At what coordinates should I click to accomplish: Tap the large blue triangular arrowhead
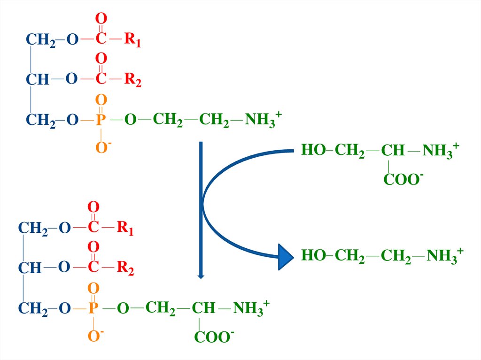[285, 257]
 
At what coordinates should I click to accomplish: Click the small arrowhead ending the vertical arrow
[201, 276]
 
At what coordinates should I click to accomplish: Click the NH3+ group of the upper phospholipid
[263, 120]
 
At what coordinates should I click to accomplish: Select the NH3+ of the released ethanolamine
[444, 256]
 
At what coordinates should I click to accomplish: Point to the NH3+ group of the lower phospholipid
[251, 308]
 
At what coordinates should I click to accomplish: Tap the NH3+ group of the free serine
[440, 151]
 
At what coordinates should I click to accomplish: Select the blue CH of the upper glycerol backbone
[37, 80]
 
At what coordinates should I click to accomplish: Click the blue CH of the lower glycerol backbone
[30, 268]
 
